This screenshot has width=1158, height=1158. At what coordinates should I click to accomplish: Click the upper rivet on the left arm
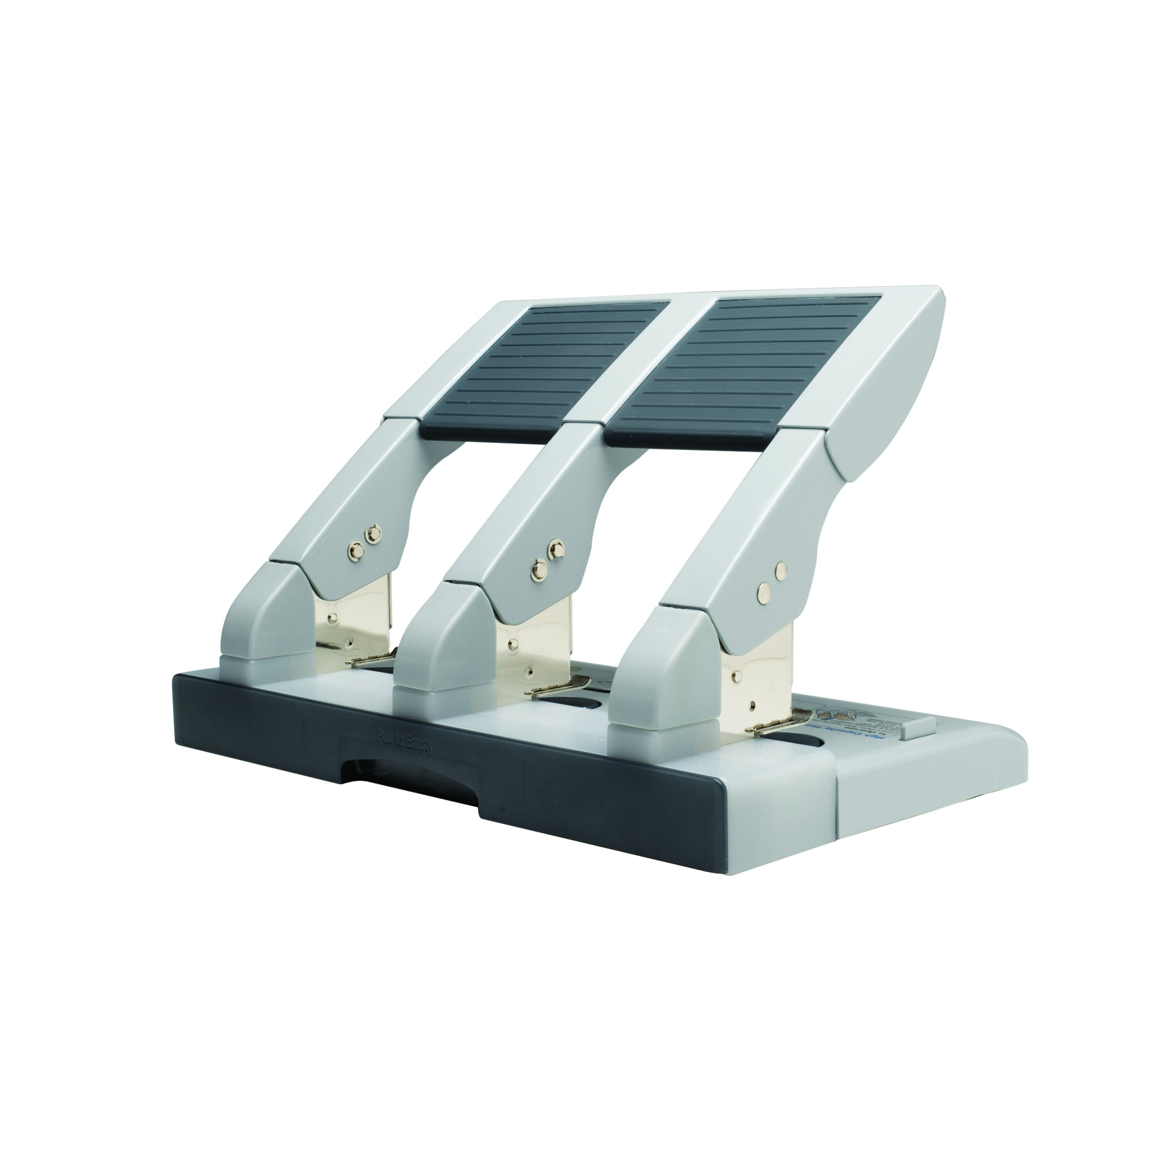(374, 532)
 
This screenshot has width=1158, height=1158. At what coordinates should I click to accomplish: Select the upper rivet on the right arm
(780, 569)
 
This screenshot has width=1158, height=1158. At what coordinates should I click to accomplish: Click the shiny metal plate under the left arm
(354, 623)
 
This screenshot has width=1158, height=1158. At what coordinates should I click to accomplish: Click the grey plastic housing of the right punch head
(659, 677)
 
